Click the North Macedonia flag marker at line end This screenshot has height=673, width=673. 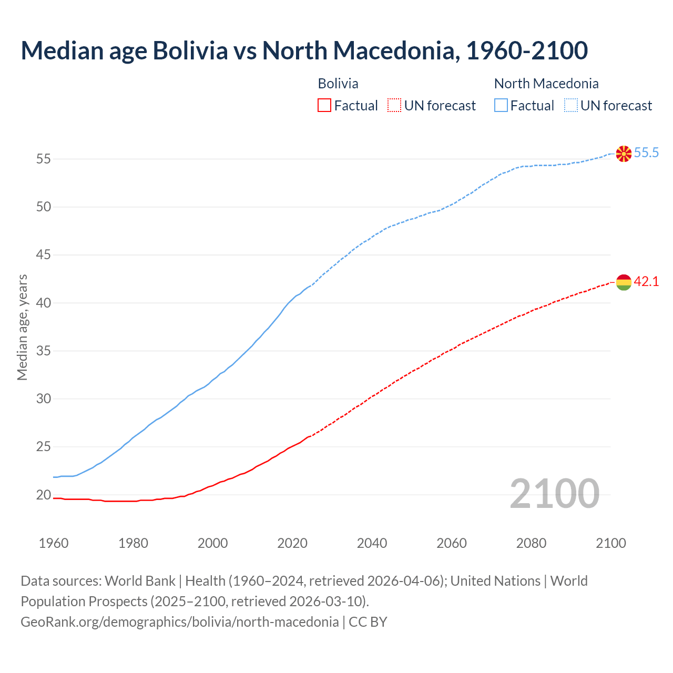(624, 154)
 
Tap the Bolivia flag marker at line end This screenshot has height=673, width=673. (624, 282)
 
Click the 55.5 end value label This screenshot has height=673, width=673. (646, 153)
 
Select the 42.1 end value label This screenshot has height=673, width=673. (646, 282)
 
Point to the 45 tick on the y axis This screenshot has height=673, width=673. (44, 255)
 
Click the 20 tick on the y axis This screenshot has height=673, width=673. (44, 495)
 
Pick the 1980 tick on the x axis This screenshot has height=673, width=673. (133, 543)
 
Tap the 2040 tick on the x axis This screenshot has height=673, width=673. (372, 543)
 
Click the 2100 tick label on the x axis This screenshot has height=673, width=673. (611, 543)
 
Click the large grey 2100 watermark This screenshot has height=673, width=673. (554, 494)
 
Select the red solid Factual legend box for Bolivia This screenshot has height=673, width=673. (324, 106)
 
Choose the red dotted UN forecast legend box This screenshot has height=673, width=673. (394, 106)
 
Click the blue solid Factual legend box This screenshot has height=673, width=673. (501, 106)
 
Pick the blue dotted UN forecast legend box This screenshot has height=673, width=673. (571, 106)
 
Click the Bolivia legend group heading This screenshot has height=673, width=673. (338, 84)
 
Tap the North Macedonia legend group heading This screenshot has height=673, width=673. (546, 84)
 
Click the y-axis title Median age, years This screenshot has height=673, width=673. (22, 327)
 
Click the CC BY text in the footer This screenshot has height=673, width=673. (368, 622)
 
